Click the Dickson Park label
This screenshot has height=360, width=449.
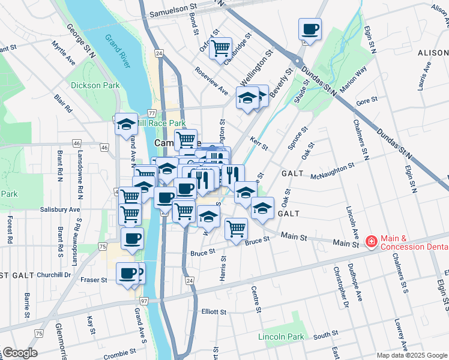(x=95, y=85)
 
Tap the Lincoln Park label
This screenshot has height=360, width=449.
(x=281, y=337)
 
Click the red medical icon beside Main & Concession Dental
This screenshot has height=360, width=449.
(x=371, y=241)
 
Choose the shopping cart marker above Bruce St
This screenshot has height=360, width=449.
(x=237, y=229)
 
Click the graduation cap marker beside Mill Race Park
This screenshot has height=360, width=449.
(x=126, y=124)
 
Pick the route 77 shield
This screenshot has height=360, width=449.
(x=152, y=113)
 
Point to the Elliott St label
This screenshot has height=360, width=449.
(x=214, y=312)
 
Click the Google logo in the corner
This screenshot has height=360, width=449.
(x=19, y=353)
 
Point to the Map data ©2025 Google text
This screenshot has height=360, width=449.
(x=412, y=355)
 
